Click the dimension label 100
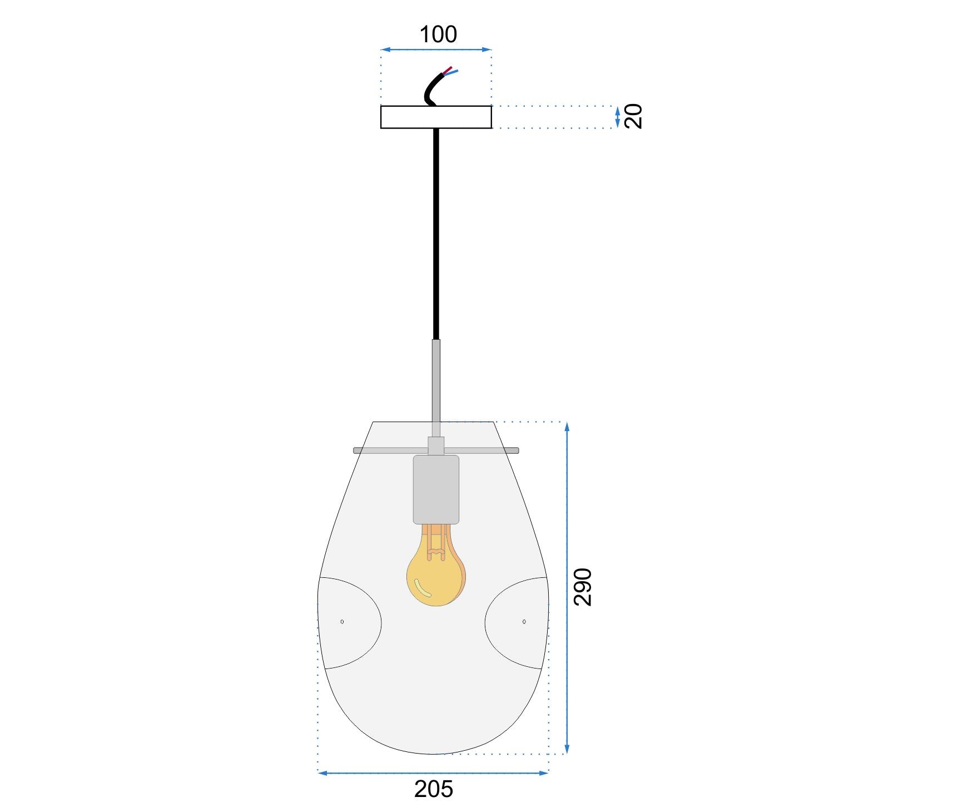click(438, 34)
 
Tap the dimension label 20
click(633, 116)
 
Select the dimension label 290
click(583, 587)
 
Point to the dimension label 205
click(434, 789)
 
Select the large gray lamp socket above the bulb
click(436, 489)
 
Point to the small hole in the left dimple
click(342, 621)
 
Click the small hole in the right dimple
click(524, 621)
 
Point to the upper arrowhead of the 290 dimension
click(567, 426)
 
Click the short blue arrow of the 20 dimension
click(617, 117)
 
